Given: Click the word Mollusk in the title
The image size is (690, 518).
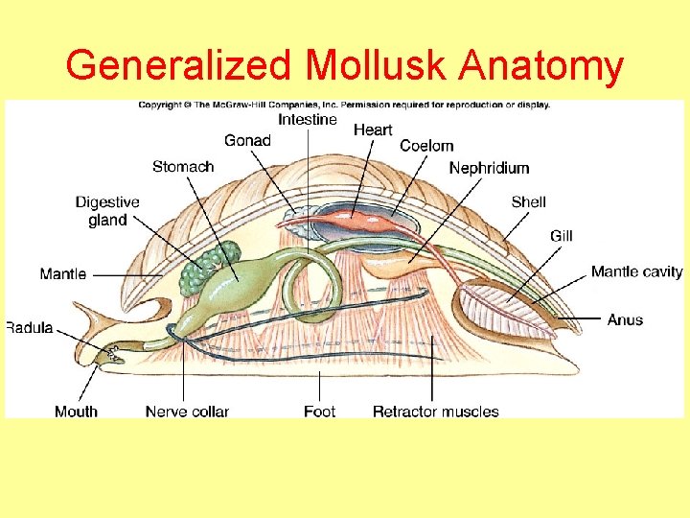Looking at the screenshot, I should (377, 66).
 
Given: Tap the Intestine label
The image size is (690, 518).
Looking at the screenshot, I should (308, 120).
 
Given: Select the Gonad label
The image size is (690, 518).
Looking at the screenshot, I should (247, 141).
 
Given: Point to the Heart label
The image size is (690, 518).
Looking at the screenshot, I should (373, 129).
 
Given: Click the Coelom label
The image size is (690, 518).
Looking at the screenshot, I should (426, 146).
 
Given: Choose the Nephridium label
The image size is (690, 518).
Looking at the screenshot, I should (489, 168).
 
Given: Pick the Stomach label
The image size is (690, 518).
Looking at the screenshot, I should (183, 167).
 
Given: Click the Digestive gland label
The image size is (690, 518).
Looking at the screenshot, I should (107, 211).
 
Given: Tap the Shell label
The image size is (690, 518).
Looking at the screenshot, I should (529, 201).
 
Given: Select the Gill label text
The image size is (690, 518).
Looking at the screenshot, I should (562, 236).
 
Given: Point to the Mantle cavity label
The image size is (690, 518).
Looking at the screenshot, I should (636, 271).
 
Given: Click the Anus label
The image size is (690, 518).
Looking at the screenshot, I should (625, 319).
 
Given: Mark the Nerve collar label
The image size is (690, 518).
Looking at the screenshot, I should (187, 412).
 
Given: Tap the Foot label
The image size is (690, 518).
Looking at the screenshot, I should (319, 412).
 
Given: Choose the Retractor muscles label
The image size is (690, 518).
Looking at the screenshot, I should (435, 412).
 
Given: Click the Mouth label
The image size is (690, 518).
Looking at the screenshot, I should (76, 412).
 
